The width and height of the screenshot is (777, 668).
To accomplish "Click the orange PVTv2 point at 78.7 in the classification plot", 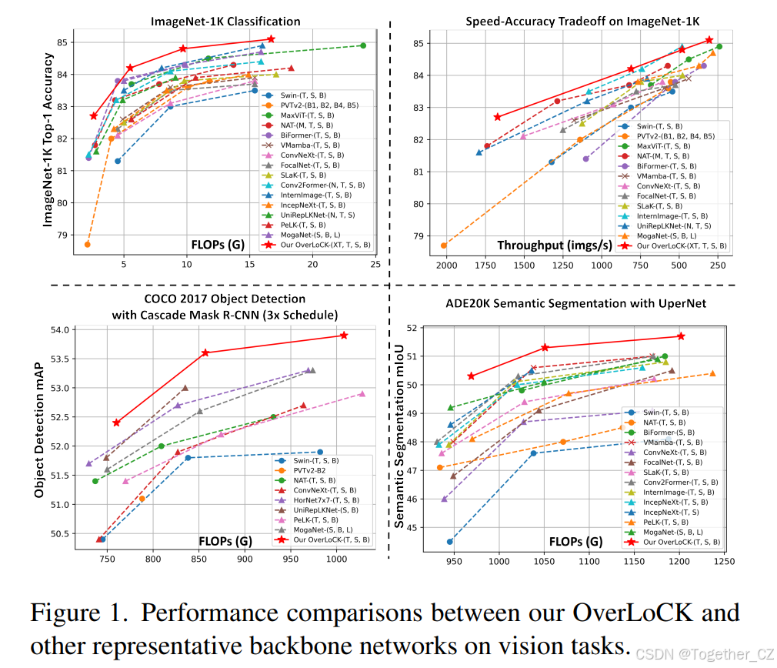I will point(88,244).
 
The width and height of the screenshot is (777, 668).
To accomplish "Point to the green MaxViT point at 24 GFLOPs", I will point(363,45).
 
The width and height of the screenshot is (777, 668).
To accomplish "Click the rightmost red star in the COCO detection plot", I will point(344,335).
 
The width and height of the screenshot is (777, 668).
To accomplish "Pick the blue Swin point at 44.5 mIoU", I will point(450,541).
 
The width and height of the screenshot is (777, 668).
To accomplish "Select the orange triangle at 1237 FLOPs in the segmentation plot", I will point(712,373).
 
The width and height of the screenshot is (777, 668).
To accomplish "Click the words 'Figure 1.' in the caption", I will point(77,613).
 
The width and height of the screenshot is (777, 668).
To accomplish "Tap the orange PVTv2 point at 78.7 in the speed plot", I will point(444,245).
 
